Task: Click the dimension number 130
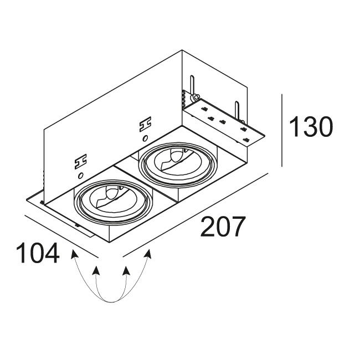tap(311, 126)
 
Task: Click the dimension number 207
tap(222, 226)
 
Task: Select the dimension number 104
tap(38, 253)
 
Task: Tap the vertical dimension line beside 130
tap(282, 130)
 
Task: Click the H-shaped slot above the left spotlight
tap(81, 161)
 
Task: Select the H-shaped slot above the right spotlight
tap(145, 124)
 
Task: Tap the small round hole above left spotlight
tap(80, 176)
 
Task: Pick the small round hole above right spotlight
tap(145, 138)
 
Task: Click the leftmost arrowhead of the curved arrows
tap(74, 254)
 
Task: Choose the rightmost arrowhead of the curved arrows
tap(148, 254)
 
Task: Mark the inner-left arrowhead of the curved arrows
tap(96, 270)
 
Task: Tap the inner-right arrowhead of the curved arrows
tap(126, 270)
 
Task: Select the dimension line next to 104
tap(61, 236)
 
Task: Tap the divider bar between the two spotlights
tap(146, 182)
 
